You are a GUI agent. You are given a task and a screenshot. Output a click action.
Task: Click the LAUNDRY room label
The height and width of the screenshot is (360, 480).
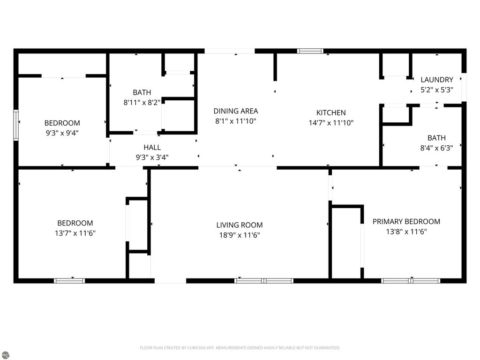(436, 80)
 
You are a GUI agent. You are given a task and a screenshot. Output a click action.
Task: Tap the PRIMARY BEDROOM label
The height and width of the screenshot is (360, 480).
(406, 222)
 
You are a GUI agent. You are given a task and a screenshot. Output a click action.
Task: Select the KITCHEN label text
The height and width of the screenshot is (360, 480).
(331, 112)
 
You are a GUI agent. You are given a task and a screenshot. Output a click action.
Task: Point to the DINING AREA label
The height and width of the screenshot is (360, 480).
(236, 111)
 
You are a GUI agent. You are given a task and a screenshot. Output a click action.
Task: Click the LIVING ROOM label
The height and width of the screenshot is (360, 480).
(239, 225)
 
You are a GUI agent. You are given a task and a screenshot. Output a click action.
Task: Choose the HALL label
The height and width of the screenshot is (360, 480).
(152, 148)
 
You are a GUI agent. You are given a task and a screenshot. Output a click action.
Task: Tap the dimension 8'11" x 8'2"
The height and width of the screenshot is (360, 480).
(142, 102)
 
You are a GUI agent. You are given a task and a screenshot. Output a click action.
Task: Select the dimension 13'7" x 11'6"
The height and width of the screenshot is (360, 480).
(75, 233)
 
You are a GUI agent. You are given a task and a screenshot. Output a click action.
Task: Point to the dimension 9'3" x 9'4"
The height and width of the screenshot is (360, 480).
(62, 133)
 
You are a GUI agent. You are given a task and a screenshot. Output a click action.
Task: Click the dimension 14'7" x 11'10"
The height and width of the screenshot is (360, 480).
(331, 123)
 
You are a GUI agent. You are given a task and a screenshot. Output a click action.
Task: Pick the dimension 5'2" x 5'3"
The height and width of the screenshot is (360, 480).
(436, 90)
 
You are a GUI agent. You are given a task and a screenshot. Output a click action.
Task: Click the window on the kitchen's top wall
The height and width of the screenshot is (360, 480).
(310, 51)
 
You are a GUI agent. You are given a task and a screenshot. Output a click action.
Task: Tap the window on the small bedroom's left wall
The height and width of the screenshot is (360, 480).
(16, 125)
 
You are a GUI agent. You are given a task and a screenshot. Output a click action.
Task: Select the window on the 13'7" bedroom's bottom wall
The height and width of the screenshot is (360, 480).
(69, 281)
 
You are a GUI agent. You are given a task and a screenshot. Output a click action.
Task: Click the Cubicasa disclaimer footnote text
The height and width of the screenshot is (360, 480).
(240, 348)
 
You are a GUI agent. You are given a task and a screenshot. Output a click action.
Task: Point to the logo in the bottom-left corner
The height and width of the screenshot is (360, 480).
(5, 355)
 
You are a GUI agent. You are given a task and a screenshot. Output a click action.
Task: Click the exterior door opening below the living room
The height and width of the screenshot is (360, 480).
(170, 281)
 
